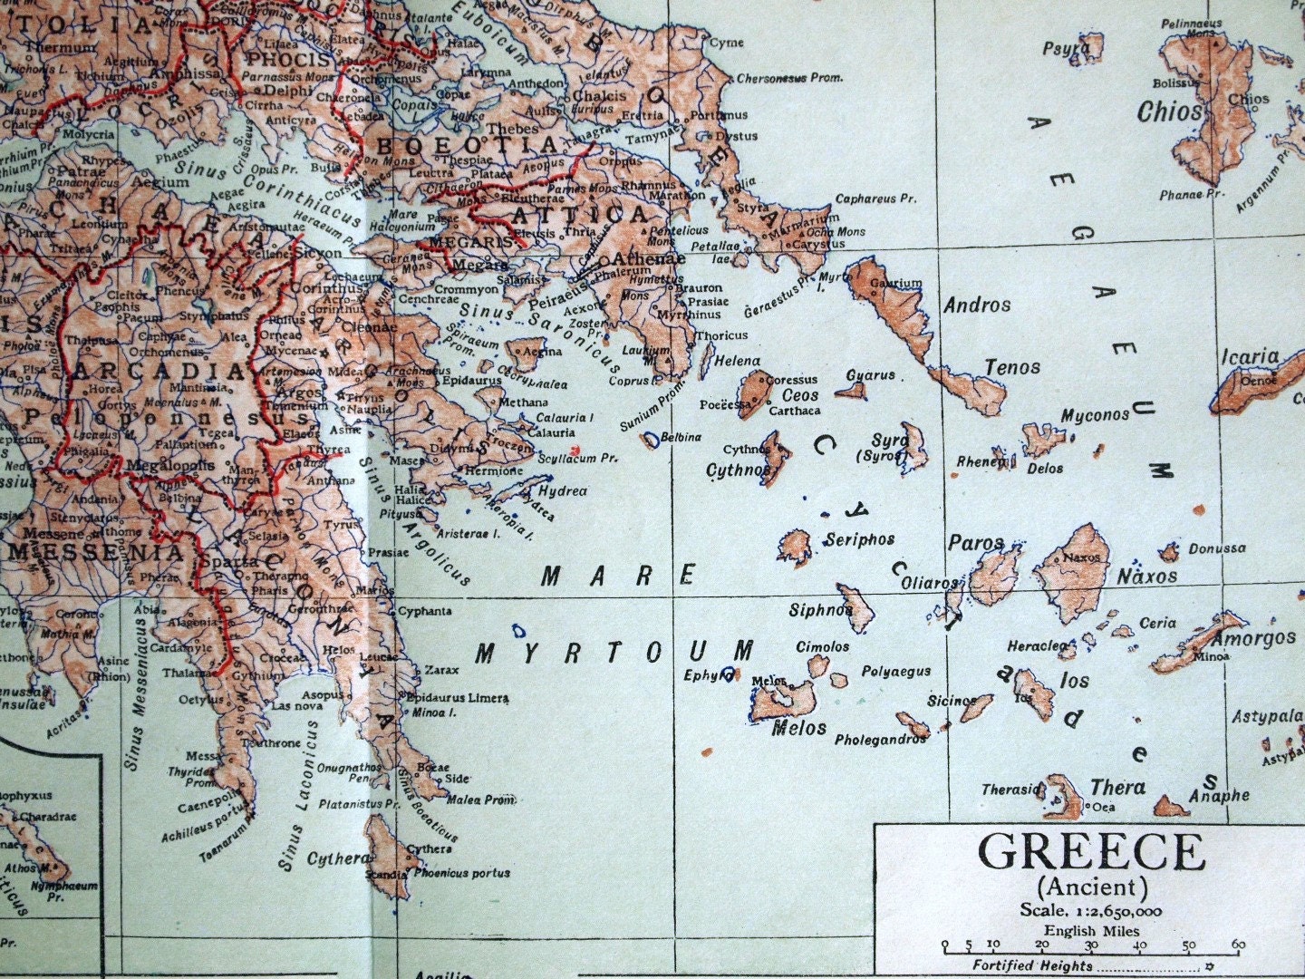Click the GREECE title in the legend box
tap(1091, 853)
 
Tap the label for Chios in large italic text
tap(1170, 112)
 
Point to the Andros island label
tap(976, 305)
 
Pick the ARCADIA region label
tap(159, 373)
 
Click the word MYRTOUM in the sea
tap(614, 652)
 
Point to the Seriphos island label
tap(859, 539)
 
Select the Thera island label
tap(1116, 787)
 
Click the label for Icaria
tap(1249, 356)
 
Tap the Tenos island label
tap(1011, 367)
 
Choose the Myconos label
tap(1095, 415)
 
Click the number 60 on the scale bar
tap(1238, 945)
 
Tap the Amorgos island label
tap(1253, 638)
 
